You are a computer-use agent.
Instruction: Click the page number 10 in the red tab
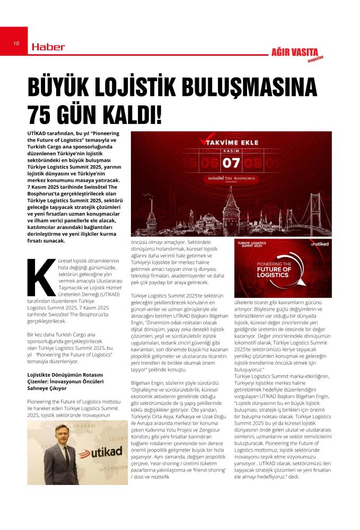tap(16, 43)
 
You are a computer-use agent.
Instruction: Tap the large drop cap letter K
tap(40, 277)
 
